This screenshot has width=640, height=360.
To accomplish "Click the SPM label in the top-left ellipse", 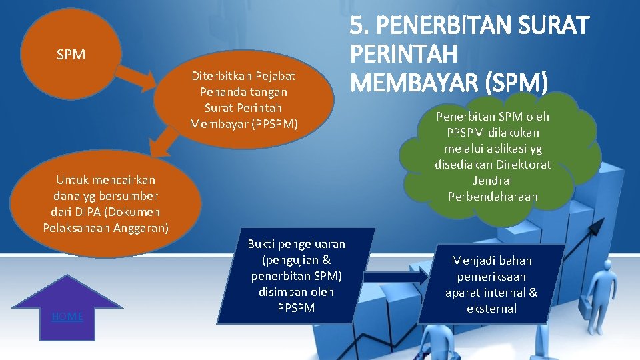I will pos(71,55).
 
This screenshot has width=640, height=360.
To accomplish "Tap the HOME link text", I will pos(67,317).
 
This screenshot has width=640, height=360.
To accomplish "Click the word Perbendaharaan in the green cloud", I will pos(493,197).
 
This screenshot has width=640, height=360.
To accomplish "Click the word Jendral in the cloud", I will pos(493,181).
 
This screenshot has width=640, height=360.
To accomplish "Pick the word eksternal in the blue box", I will pos(492,309).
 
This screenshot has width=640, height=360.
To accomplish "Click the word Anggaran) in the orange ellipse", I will pos(141,228).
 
